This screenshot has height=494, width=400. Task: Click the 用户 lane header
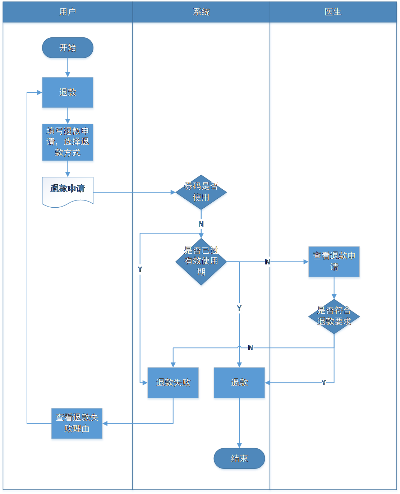coord(68,12)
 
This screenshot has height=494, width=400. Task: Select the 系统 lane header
coord(201,12)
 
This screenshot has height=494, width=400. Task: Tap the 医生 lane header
coord(333,12)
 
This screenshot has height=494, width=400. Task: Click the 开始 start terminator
coord(68,48)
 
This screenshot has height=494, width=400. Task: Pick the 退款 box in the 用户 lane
coord(68,93)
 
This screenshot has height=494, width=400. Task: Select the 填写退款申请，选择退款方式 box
coord(68,143)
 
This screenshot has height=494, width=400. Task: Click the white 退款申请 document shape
coord(68,190)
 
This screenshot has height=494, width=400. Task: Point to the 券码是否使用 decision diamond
coord(201,193)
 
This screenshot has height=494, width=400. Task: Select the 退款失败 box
coord(173,383)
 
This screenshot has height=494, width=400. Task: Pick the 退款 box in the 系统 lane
coord(239,383)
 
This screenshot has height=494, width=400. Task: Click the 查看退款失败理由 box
coord(77,424)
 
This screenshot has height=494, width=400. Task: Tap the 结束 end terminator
coord(239,459)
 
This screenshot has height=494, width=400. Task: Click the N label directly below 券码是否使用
coord(201,224)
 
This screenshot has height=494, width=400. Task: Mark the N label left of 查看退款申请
coord(267,262)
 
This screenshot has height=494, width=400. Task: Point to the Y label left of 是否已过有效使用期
coord(140,269)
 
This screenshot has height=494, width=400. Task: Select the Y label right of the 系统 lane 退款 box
coord(324,383)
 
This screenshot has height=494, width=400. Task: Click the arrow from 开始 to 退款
coord(68,69)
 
